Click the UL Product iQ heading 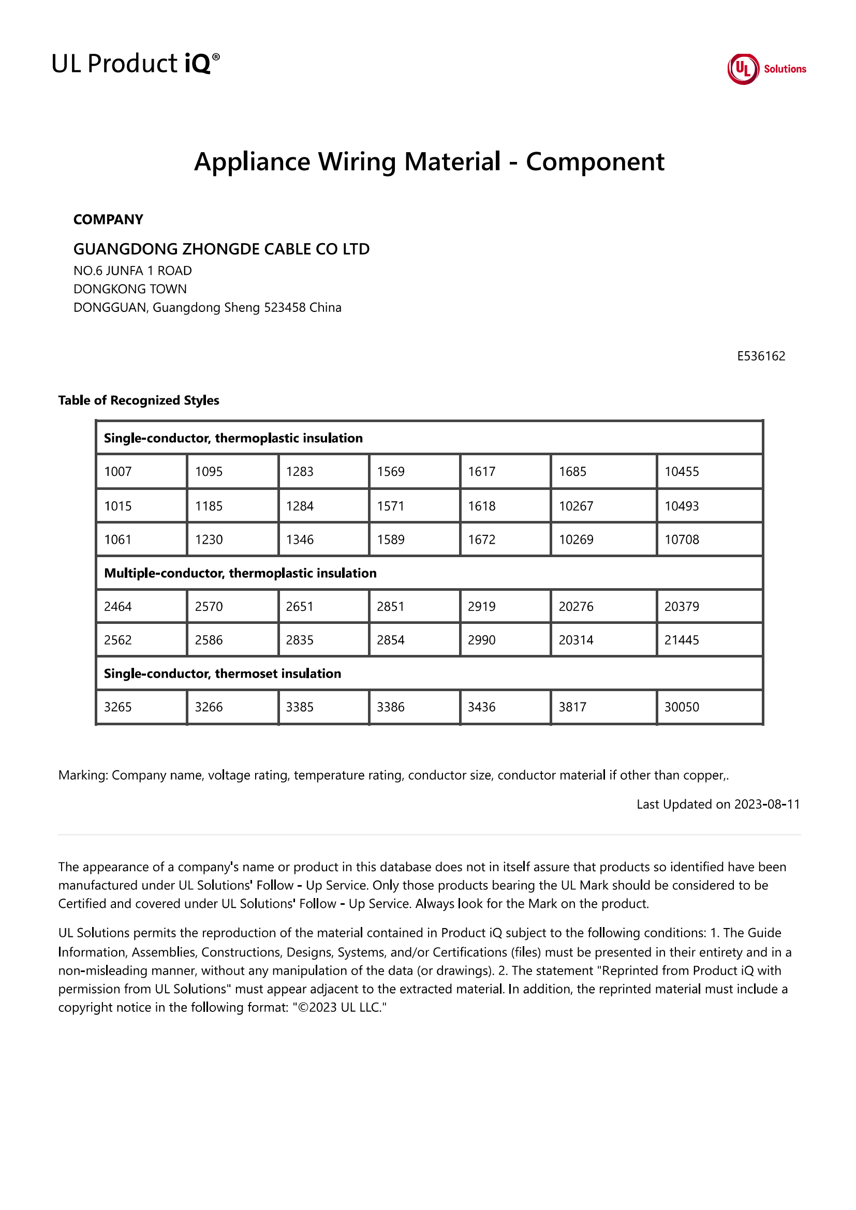click(136, 64)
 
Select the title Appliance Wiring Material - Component click(429, 161)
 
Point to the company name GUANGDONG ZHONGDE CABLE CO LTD click(222, 249)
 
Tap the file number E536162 click(761, 356)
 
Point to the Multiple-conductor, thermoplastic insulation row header click(240, 573)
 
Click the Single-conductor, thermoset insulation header click(223, 674)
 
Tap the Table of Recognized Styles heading click(139, 400)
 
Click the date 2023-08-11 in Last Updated click(767, 804)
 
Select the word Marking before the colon click(83, 775)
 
